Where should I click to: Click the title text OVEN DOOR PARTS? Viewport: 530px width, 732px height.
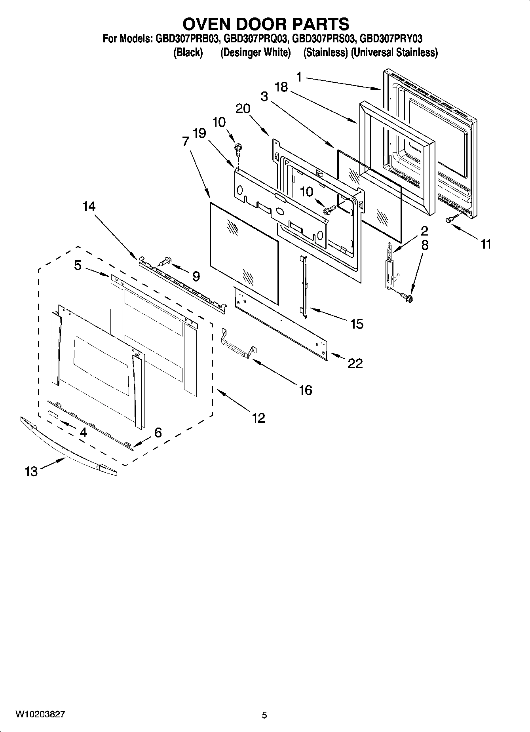point(266,24)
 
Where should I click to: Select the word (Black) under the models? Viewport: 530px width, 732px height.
point(188,53)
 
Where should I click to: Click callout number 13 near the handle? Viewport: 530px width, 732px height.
point(31,471)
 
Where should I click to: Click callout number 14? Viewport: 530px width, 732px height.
point(89,206)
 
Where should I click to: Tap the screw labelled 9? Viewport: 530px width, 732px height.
point(165,261)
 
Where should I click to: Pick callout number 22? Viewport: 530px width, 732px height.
point(355,363)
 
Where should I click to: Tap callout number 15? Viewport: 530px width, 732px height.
point(357,324)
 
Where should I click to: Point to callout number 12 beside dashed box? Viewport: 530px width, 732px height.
point(258,417)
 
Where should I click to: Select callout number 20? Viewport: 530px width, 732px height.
point(243,108)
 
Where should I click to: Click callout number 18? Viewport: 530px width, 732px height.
point(281,87)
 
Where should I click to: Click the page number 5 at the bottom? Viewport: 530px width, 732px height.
point(264,715)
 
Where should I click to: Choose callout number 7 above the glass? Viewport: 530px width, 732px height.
point(186,141)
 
